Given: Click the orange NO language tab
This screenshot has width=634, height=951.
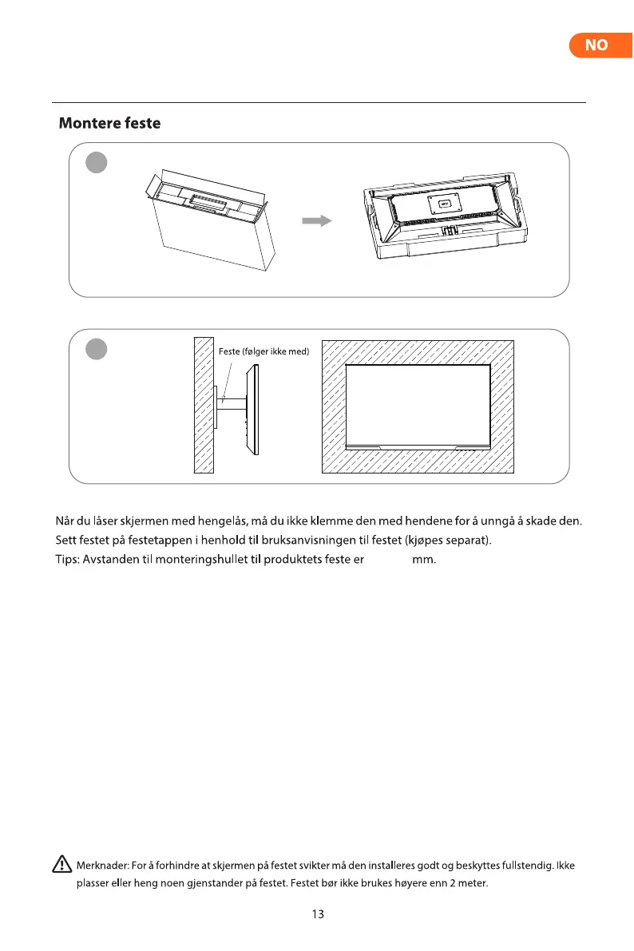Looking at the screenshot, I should coord(596,46).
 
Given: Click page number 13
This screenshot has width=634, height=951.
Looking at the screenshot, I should coord(318,915).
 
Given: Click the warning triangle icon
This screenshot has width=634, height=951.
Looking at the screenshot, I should coord(61,864).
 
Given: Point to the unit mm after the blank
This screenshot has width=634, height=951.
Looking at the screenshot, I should coord(423,560).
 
